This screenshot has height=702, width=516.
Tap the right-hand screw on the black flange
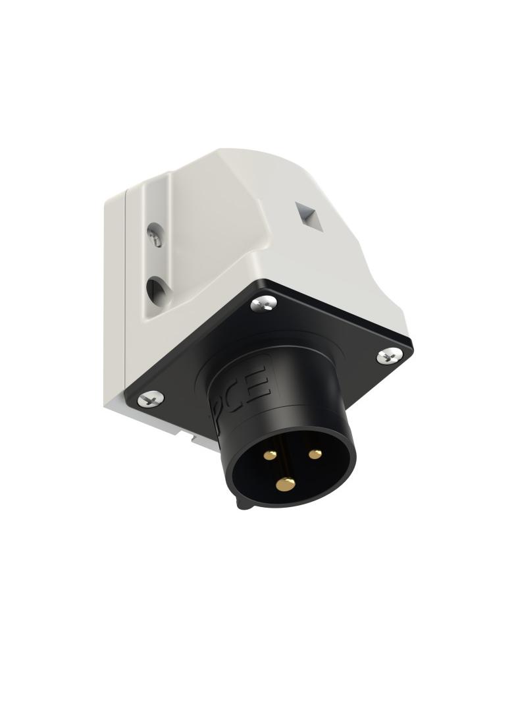coord(388,356)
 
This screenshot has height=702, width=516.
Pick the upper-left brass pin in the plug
coord(270,454)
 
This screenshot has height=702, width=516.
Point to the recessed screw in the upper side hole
coord(155,235)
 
